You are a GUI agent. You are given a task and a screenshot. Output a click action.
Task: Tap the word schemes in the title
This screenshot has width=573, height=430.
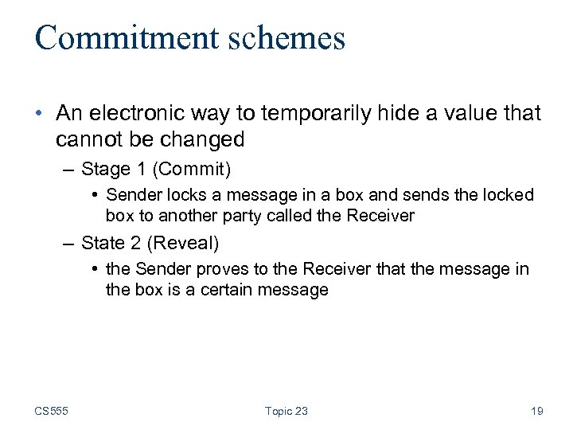(x=293, y=37)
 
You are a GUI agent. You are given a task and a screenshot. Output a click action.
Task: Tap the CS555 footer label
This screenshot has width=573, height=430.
(x=52, y=411)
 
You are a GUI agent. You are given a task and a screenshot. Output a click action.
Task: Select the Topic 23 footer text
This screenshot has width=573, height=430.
(x=286, y=411)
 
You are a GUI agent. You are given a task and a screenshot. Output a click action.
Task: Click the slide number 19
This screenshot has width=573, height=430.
(x=537, y=411)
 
